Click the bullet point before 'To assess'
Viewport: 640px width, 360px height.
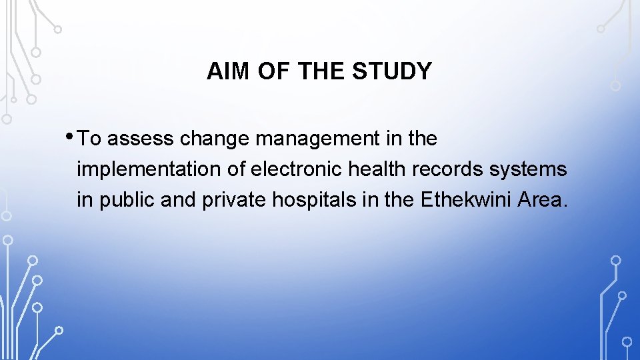point(71,135)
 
